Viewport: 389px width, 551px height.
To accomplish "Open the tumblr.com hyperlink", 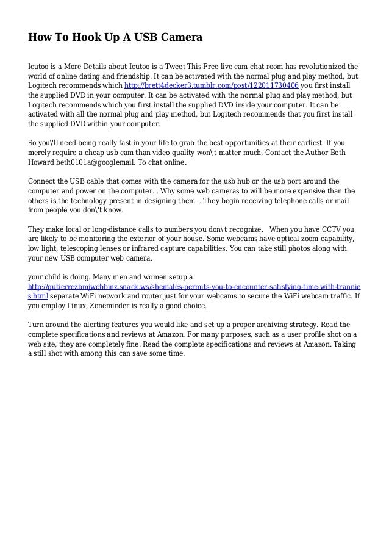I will click(211, 85).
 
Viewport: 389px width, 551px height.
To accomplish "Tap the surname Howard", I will click(42, 164).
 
